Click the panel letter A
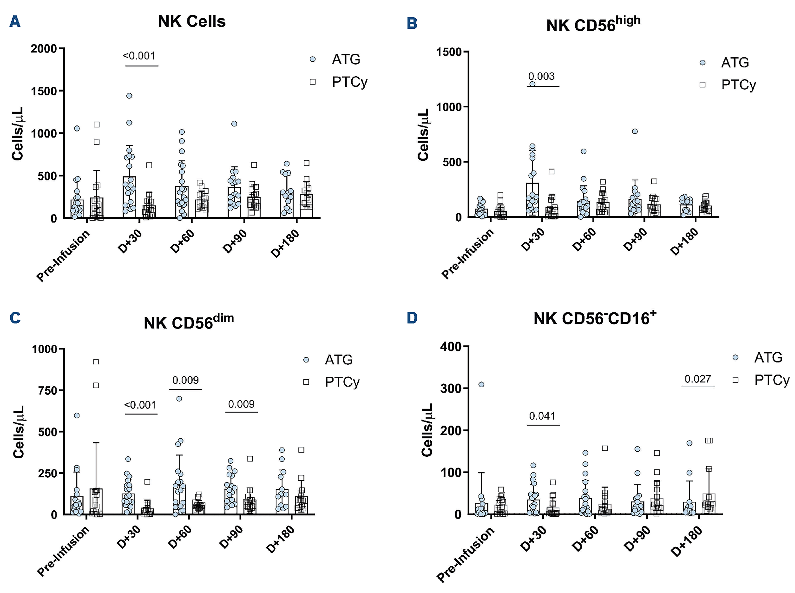tap(15, 21)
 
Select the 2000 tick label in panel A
tap(44, 49)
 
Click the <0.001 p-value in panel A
tap(139, 56)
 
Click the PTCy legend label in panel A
tap(350, 82)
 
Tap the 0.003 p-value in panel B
tap(541, 76)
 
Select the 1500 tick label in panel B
tap(449, 52)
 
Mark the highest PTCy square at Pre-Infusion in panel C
tap(96, 362)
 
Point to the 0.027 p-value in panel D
tap(698, 379)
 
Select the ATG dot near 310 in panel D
tap(481, 384)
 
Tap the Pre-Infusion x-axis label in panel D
tap(465, 555)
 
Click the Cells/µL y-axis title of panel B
tap(424, 135)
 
